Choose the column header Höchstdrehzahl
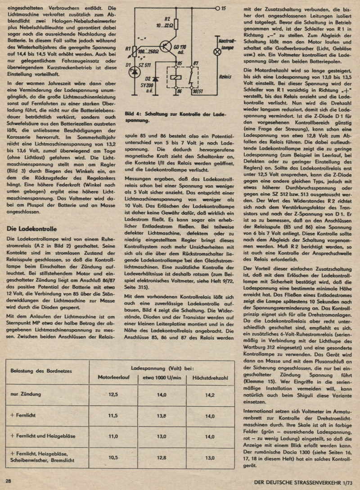click(210, 377)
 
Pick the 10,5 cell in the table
click(113, 458)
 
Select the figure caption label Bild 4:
click(135, 114)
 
